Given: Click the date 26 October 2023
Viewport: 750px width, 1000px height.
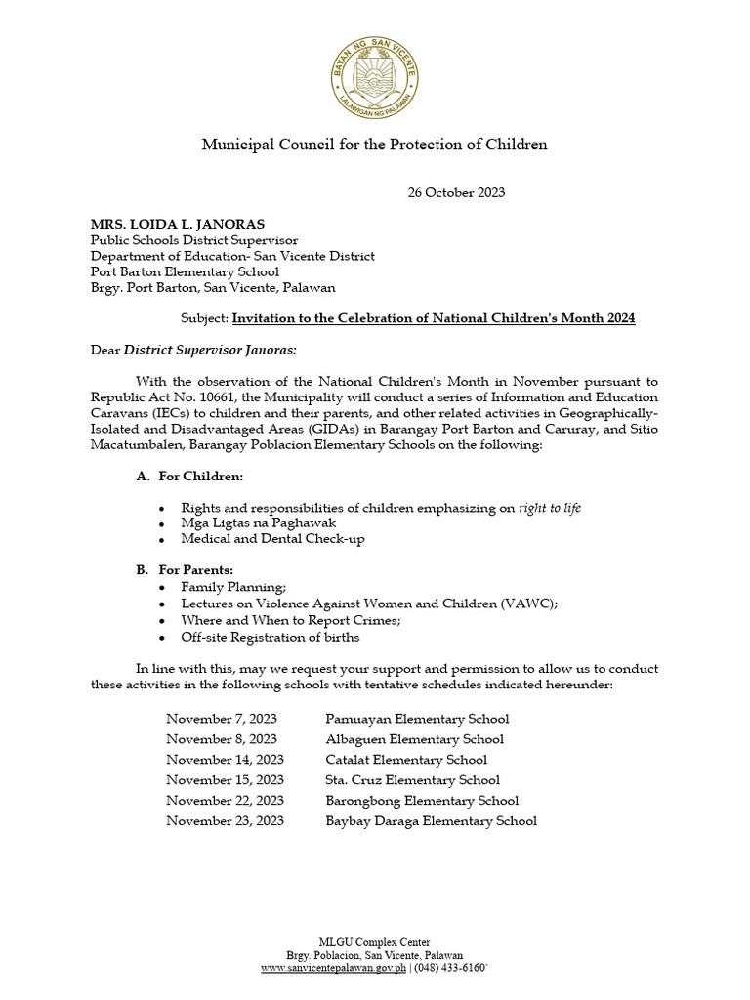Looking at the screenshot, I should click(x=456, y=193).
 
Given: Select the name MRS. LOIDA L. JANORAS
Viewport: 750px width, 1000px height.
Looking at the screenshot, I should click(x=178, y=225).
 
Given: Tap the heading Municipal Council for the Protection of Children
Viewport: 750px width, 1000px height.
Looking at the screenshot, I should click(x=374, y=145).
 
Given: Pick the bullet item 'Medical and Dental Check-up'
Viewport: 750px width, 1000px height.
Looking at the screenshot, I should click(x=272, y=539).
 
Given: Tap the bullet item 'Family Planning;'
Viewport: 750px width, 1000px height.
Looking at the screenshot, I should click(x=233, y=587).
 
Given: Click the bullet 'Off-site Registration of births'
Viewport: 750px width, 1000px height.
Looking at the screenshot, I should click(x=270, y=637).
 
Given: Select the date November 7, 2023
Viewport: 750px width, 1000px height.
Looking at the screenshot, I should click(x=222, y=719).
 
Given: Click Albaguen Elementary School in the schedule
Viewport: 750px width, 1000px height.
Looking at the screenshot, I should click(x=414, y=739).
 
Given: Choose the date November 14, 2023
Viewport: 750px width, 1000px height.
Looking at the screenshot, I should click(x=225, y=760).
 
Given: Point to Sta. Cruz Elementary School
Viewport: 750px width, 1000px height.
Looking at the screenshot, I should click(x=412, y=780).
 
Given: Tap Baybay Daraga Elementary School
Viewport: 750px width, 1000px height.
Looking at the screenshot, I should click(x=431, y=821).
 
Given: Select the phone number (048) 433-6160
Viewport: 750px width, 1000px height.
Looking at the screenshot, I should click(x=450, y=968).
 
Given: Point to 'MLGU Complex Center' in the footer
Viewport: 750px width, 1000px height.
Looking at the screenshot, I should click(x=375, y=942).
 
